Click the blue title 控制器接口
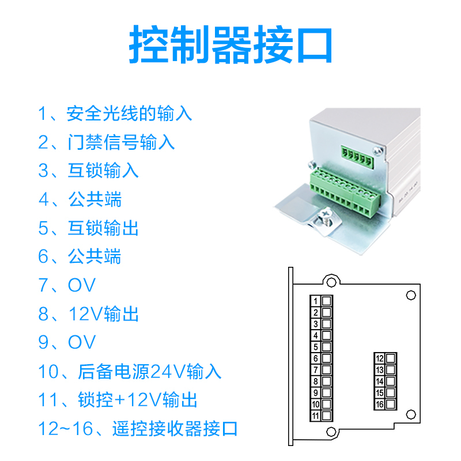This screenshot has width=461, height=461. coord(231,45)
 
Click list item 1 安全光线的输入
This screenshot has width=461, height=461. coord(115,114)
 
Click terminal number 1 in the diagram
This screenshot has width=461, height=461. coord(315,301)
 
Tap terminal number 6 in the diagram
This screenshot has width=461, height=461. coord(315,358)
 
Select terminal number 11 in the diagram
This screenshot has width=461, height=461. coord(315,415)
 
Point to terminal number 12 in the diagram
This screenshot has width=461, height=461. coord(380,358)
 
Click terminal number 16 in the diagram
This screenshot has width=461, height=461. coord(380,405)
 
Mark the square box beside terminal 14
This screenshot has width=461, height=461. coord(391,381)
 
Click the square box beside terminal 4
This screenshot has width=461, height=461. coord(326,335)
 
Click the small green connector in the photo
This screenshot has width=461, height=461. coord(357,157)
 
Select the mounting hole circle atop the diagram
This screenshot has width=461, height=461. coord(331,282)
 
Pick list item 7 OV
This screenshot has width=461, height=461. coord(67,285)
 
